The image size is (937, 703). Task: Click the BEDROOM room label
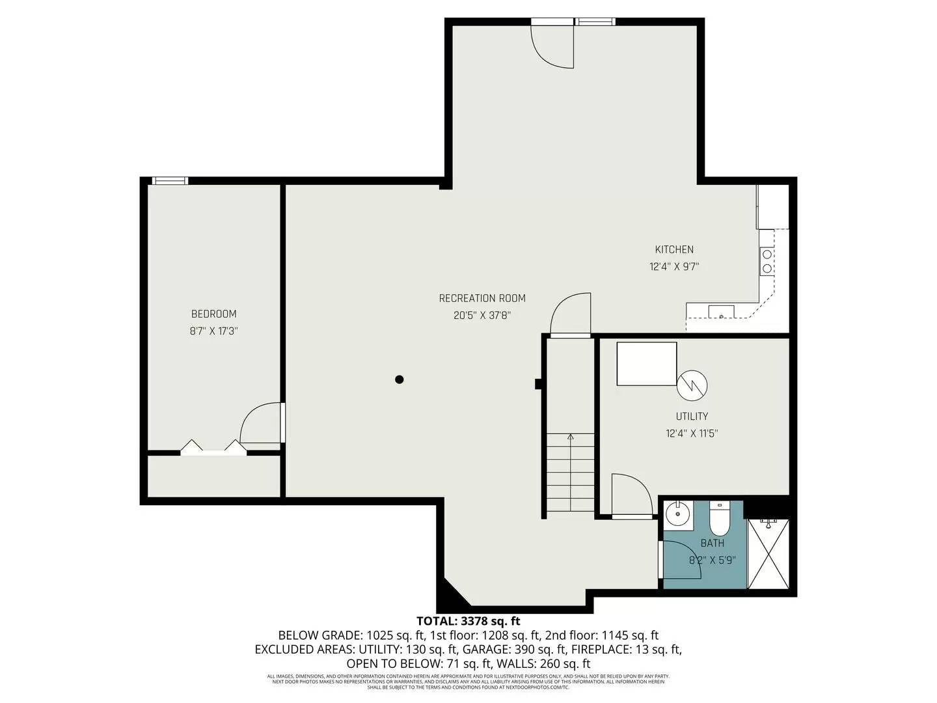213,314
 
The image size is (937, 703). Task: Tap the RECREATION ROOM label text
482,298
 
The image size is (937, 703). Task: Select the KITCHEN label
674,249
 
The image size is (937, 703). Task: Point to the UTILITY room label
692,416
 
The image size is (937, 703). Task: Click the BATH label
712,543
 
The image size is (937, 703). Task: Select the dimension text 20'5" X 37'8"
482,316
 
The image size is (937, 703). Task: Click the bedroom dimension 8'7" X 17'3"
213,331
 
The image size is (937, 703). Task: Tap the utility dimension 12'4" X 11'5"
692,434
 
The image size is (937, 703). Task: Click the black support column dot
400,379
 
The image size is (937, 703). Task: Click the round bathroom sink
678,514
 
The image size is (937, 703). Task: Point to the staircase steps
570,474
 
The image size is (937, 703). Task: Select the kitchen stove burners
767,261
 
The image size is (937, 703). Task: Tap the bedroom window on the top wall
170,181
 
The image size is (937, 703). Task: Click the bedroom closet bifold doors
213,448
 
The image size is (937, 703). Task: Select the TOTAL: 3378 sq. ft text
468,621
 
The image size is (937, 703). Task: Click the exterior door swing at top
553,46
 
